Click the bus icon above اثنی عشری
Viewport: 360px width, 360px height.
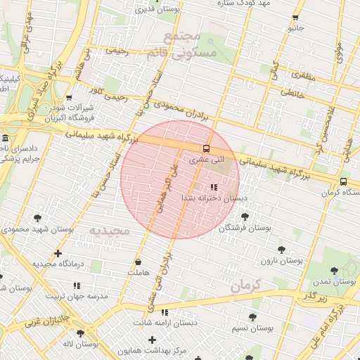coord(206,148)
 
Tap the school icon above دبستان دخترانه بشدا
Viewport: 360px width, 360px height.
coord(213,187)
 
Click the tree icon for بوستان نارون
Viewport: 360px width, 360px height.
coord(281,249)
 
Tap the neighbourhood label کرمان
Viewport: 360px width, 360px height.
coord(245,285)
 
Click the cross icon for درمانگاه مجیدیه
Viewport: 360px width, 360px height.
coord(58,253)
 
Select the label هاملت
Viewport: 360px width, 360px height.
coord(139,272)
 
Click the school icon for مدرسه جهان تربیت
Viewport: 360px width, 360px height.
coord(77,285)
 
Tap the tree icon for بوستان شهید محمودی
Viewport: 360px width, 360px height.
coord(37,218)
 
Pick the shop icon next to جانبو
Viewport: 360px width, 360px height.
coord(295,18)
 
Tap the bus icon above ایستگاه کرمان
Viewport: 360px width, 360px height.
coord(343,181)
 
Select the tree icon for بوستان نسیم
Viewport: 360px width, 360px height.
coord(252,317)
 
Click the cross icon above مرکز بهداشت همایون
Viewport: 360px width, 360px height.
coord(151,340)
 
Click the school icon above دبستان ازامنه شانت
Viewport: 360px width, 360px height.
coord(165,311)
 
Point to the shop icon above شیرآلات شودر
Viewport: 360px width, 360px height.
coord(68,98)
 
